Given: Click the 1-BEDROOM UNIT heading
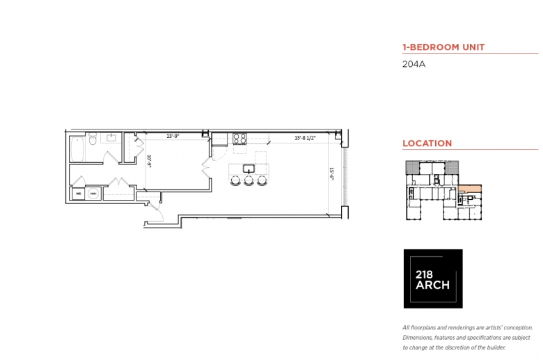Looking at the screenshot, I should click(443, 47).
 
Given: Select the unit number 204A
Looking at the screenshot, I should click(414, 65).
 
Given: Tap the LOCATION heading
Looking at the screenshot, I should click(427, 143).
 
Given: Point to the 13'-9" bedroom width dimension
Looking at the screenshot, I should click(173, 136).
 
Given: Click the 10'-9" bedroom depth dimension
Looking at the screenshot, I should click(149, 162).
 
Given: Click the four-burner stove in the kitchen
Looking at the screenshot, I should click(239, 139).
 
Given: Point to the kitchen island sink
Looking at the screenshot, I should click(247, 168).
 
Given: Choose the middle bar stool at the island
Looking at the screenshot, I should click(248, 181).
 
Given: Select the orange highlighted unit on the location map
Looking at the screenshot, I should click(471, 188).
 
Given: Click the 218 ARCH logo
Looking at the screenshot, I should click(432, 279).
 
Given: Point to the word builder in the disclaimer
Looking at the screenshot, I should click(493, 347).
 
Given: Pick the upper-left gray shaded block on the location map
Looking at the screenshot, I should click(413, 168).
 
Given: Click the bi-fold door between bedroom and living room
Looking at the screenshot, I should click(206, 167).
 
